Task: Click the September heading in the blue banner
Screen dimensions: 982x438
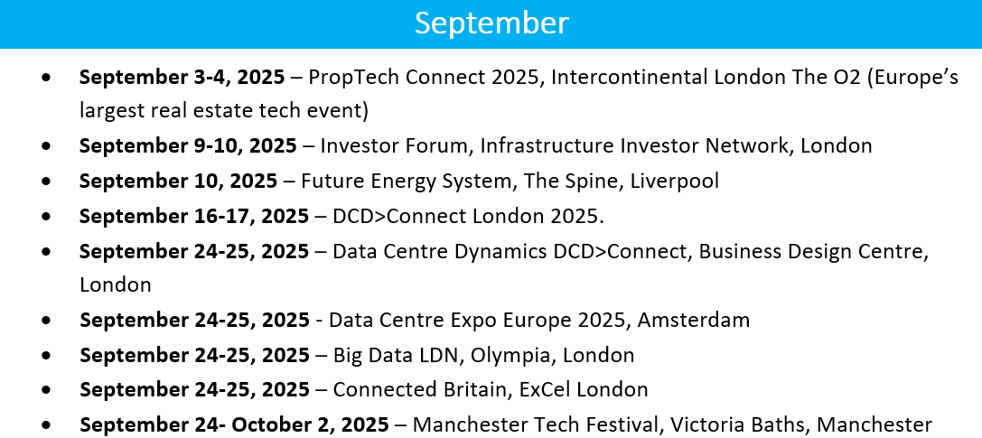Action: pyautogui.click(x=491, y=23)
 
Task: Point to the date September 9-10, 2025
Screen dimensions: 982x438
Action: pyautogui.click(x=189, y=145)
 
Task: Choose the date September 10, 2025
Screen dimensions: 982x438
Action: pyautogui.click(x=179, y=181)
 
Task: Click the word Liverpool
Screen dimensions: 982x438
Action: pyautogui.click(x=675, y=181)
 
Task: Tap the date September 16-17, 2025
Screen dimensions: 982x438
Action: pyautogui.click(x=194, y=216)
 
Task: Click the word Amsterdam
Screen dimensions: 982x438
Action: pyautogui.click(x=693, y=320)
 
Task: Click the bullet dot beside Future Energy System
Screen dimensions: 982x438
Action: pyautogui.click(x=46, y=182)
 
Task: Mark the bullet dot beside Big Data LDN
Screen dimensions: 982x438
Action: pyautogui.click(x=46, y=356)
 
